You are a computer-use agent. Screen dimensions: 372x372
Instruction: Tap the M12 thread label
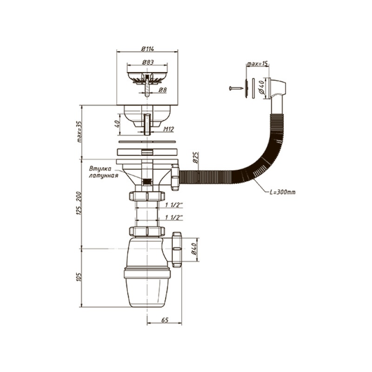point(168,130)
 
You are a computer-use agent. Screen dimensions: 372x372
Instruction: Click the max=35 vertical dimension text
point(79,132)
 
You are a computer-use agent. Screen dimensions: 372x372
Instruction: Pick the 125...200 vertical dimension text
point(79,204)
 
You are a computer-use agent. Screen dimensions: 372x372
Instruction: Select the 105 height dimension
point(79,278)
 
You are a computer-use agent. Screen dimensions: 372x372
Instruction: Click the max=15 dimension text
point(257,63)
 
